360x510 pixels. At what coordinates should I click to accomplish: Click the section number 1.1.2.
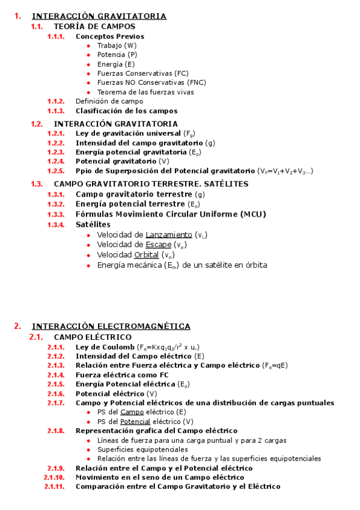click(56, 102)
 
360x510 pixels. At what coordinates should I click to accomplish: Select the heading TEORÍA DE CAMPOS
click(94, 26)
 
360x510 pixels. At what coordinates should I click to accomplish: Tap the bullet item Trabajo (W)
click(117, 46)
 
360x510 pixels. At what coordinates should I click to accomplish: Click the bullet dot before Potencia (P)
click(89, 55)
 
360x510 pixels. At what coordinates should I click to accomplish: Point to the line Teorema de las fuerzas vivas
click(145, 93)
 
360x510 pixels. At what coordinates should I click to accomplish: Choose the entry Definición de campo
click(109, 102)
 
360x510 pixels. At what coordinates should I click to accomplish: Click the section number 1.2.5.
click(56, 171)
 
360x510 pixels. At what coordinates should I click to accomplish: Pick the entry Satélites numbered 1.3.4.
click(93, 224)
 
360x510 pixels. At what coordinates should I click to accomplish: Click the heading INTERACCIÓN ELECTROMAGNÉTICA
click(111, 326)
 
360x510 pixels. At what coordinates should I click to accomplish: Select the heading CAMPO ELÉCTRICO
click(93, 337)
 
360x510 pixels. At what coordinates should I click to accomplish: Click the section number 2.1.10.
click(54, 478)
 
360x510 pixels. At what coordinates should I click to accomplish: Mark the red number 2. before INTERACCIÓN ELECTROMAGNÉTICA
click(17, 326)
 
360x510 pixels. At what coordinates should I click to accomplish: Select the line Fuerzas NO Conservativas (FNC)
click(151, 83)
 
